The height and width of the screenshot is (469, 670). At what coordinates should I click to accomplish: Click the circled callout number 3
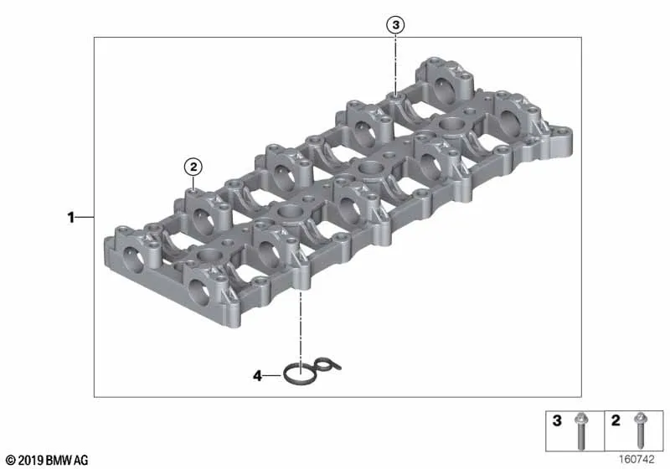tap(395, 25)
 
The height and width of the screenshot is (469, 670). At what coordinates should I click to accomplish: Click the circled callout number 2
tap(193, 167)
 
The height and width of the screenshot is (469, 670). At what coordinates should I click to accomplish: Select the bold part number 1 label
tap(71, 218)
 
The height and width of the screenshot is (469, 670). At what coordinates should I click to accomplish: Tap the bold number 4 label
tap(257, 376)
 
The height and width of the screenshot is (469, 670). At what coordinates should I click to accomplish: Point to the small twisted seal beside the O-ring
tap(328, 364)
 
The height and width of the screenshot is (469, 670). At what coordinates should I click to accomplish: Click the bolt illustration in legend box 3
tap(580, 431)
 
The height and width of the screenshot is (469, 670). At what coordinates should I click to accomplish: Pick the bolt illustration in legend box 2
tap(640, 430)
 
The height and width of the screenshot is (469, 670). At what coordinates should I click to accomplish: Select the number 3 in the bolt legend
tap(557, 420)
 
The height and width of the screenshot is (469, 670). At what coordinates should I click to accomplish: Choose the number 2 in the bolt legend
tap(616, 420)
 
